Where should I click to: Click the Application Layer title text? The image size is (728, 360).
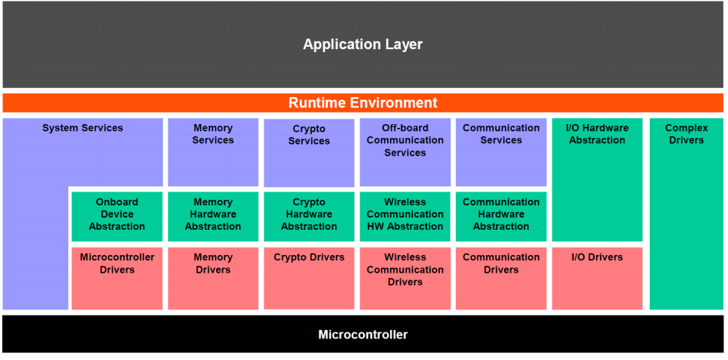pos(362,44)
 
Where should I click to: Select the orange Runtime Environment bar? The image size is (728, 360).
pos(362,103)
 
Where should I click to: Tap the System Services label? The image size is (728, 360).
pos(83,128)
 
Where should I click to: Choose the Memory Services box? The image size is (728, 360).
pos(213,152)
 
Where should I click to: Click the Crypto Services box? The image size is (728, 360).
pos(309,153)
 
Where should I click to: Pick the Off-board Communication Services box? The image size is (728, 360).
pos(405,152)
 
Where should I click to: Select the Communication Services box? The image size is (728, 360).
pos(501,152)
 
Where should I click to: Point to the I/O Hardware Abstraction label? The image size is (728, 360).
pos(597,134)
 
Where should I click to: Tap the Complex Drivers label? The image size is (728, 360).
pos(686,134)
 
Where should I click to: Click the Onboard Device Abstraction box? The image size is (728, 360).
pos(117,217)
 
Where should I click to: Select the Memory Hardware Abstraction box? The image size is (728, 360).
pos(213,217)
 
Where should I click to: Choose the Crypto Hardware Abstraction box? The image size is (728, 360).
pos(309,217)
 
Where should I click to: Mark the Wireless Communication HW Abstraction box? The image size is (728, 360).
pos(405,217)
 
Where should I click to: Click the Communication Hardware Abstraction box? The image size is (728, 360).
pos(501,217)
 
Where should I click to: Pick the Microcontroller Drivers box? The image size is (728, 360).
pos(117,278)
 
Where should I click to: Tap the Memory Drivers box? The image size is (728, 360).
pos(213,278)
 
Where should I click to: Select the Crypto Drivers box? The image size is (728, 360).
pos(309,278)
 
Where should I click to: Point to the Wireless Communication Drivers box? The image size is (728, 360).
pos(405,278)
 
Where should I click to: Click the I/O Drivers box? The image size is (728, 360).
pos(597,278)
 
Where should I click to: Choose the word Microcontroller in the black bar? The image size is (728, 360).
pos(362,335)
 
